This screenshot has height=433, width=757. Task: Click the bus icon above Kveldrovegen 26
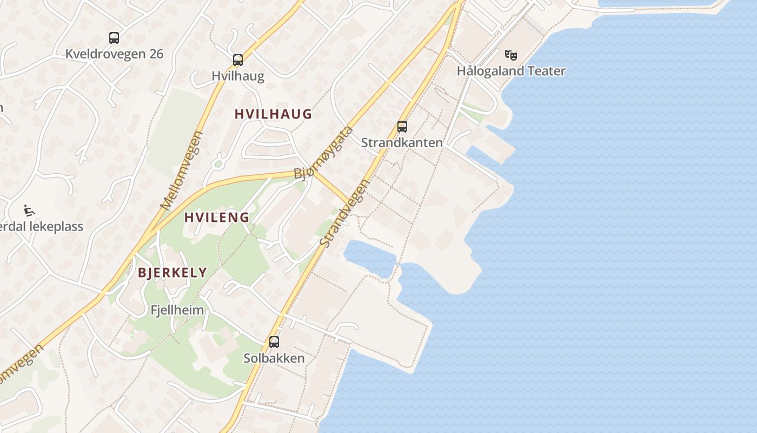coord(114,38)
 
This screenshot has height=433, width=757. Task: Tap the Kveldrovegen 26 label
coord(114,54)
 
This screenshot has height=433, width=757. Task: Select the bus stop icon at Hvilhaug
coord(238,60)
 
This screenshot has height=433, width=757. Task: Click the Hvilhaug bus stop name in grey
coord(238,76)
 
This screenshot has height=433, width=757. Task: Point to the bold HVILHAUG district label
coord(273,114)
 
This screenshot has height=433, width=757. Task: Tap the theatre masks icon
coord(510,55)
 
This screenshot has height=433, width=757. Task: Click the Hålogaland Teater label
coord(511,71)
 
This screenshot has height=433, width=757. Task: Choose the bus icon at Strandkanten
coord(402,127)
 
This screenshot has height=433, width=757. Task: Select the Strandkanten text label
coord(402,143)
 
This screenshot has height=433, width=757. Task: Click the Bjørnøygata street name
coord(323,153)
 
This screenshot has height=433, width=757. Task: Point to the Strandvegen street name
coord(344,213)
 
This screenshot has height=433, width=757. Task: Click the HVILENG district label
coord(217,218)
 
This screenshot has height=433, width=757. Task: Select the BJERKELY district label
coord(172,273)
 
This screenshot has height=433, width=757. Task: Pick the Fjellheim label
coord(177,310)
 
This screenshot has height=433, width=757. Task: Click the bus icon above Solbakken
coord(274,342)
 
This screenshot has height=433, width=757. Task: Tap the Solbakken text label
coord(274,358)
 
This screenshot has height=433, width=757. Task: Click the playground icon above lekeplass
coord(29,210)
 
